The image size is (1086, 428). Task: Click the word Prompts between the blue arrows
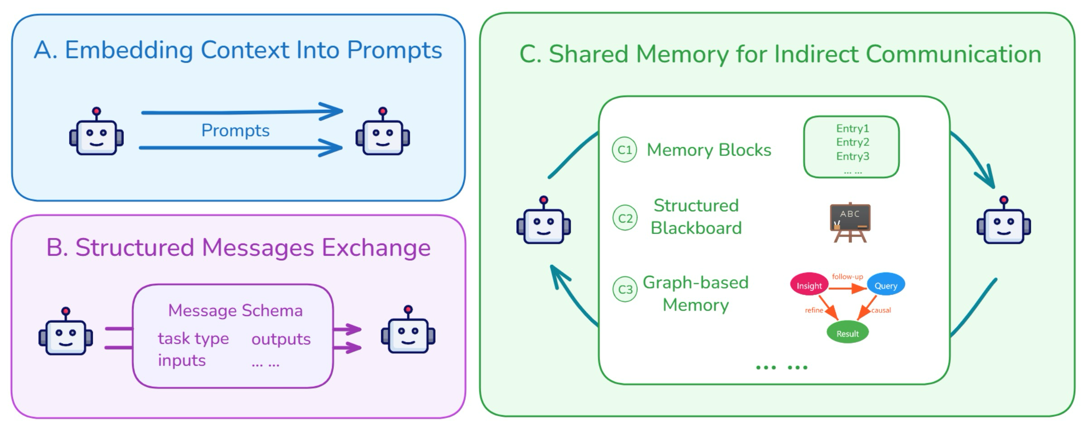[x=235, y=131]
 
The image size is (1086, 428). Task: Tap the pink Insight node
[x=809, y=286]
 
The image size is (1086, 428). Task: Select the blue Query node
[x=886, y=285]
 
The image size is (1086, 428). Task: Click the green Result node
[x=847, y=333]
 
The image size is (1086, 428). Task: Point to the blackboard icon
[x=850, y=222]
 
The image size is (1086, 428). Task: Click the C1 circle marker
[x=625, y=150]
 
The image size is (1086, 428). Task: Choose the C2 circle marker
[x=625, y=218]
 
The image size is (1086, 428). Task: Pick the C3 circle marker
[x=625, y=289]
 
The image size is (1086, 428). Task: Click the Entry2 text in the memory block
[x=853, y=142]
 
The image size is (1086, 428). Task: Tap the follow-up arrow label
[x=847, y=276]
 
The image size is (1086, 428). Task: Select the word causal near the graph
[x=881, y=310]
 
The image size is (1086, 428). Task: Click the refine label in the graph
[x=814, y=310]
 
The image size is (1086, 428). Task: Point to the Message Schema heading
[x=235, y=311]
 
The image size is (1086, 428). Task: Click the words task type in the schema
[x=193, y=339]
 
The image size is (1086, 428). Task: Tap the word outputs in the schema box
[x=281, y=339]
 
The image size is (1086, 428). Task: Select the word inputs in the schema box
[x=182, y=360]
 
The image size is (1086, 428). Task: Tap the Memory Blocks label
[x=708, y=150]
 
